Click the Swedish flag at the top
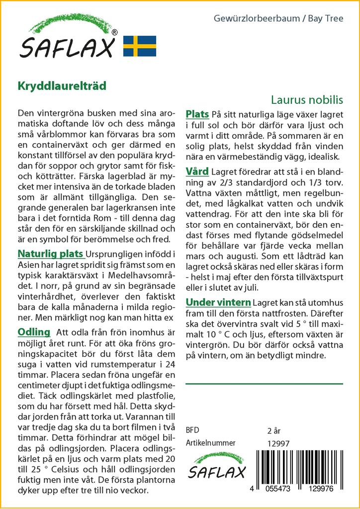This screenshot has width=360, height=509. pyautogui.click(x=140, y=46)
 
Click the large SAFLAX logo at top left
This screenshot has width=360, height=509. pyautogui.click(x=68, y=40)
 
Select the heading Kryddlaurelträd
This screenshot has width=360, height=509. pyautogui.click(x=62, y=85)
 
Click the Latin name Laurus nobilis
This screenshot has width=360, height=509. pyautogui.click(x=307, y=99)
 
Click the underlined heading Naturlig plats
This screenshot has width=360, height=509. pyautogui.click(x=50, y=254)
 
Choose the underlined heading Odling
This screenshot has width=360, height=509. pyautogui.click(x=34, y=332)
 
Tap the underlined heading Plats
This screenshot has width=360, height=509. pyautogui.click(x=197, y=114)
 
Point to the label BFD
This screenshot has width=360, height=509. pyautogui.click(x=192, y=430)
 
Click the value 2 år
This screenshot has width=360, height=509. pyautogui.click(x=274, y=430)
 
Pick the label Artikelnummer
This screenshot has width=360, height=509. pyautogui.click(x=210, y=443)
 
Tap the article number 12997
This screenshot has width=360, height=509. pyautogui.click(x=278, y=443)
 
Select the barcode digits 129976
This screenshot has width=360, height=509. pyautogui.click(x=323, y=489)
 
